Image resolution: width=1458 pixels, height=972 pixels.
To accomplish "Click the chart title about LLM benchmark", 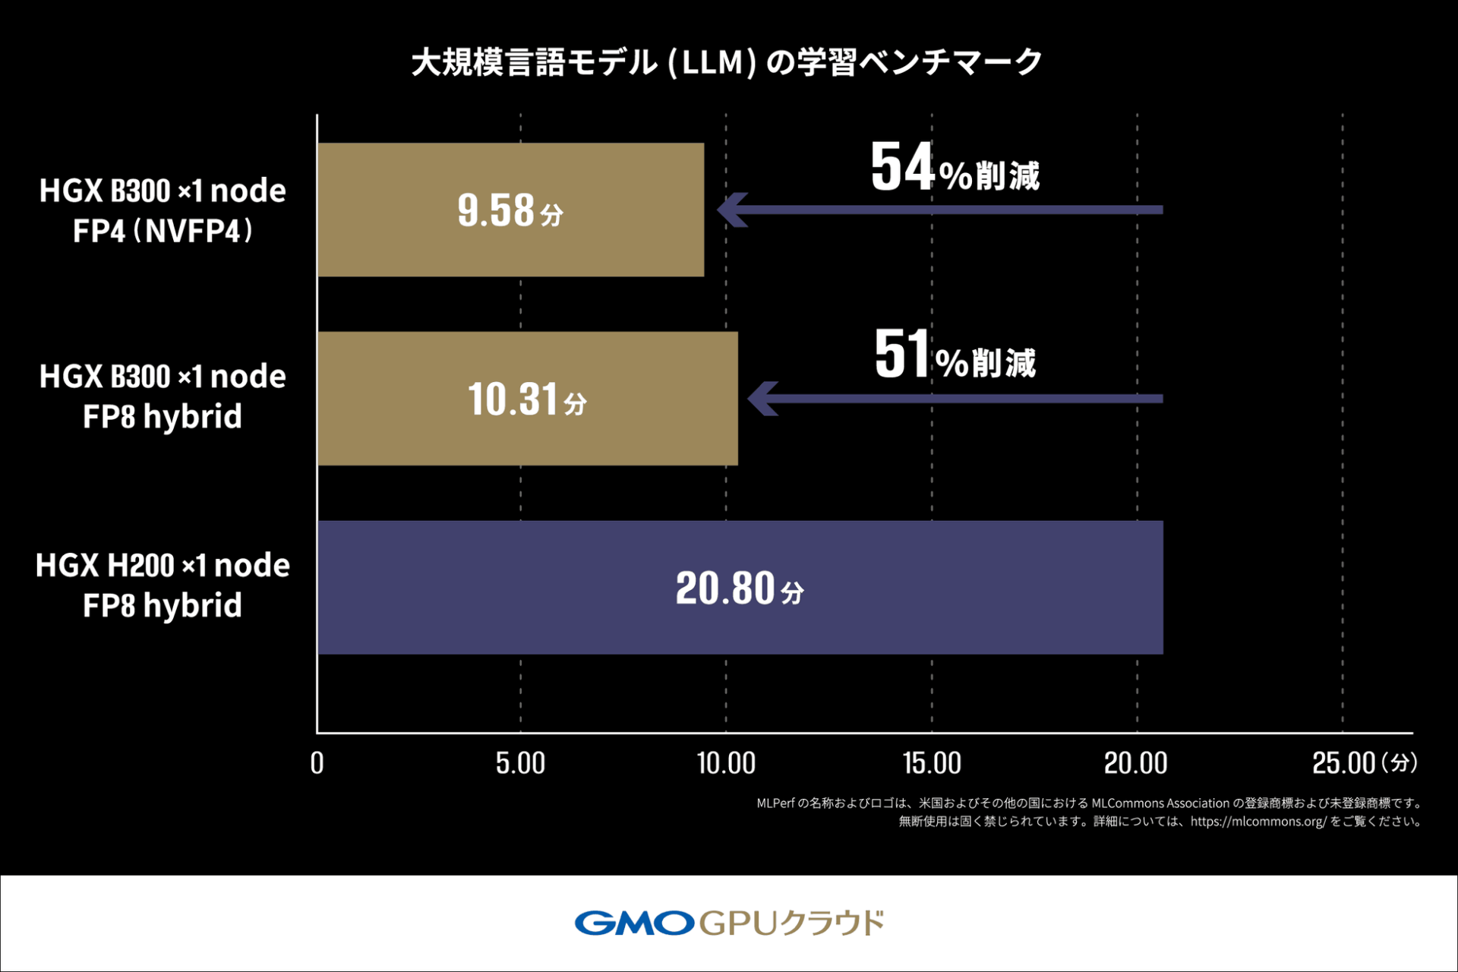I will [727, 62].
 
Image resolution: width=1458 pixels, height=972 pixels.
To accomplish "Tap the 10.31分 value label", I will [527, 399].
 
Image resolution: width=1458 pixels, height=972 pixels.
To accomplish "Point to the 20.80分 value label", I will [739, 589].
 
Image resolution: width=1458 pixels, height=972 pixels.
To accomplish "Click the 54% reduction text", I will [955, 168].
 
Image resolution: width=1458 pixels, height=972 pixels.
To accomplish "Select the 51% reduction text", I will [955, 355].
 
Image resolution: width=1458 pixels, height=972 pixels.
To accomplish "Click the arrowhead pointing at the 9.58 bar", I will [732, 210].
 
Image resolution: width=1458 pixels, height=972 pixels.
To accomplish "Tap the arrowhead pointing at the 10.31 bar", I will [763, 399].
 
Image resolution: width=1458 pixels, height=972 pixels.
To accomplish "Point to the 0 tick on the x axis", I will [317, 762].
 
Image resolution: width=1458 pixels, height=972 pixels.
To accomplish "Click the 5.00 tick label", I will [520, 762].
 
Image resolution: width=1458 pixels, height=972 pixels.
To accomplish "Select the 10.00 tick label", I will [726, 762].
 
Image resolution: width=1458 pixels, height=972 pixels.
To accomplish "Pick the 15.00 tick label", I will [932, 762].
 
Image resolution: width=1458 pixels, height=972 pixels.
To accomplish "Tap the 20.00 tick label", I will [1136, 762].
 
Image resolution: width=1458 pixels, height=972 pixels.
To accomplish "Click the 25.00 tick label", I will [1344, 762].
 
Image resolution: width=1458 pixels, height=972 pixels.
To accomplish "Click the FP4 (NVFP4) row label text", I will [163, 231].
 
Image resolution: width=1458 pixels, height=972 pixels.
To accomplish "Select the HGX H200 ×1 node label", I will [163, 566].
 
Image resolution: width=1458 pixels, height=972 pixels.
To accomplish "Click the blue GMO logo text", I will [634, 923].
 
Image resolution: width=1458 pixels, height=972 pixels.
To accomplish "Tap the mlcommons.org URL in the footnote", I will [1258, 822].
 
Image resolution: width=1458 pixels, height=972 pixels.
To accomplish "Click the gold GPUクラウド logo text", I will [791, 923].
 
